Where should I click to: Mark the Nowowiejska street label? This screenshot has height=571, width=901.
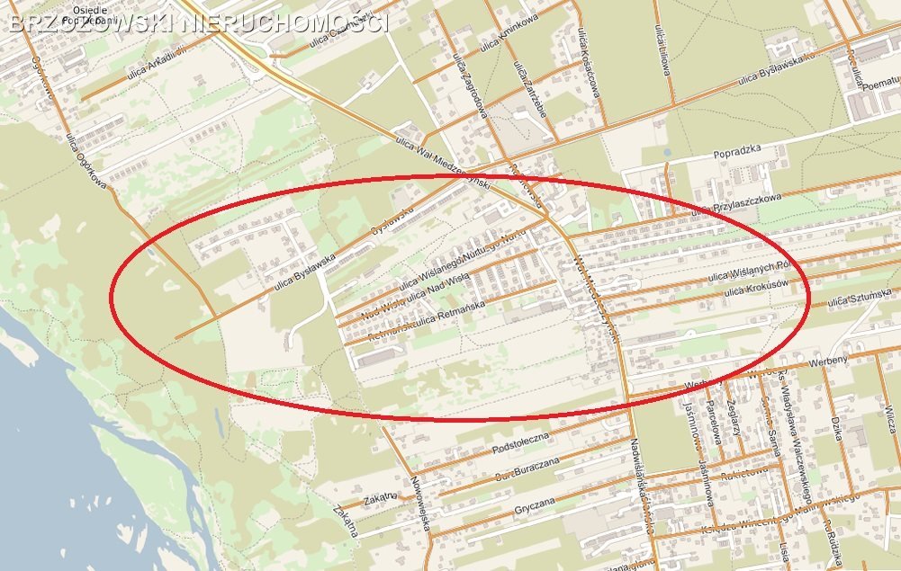(419, 497)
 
